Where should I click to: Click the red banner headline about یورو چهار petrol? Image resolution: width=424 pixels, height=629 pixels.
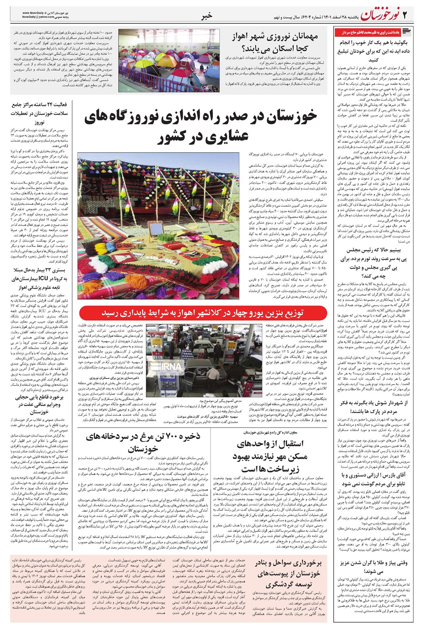pos(204,313)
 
